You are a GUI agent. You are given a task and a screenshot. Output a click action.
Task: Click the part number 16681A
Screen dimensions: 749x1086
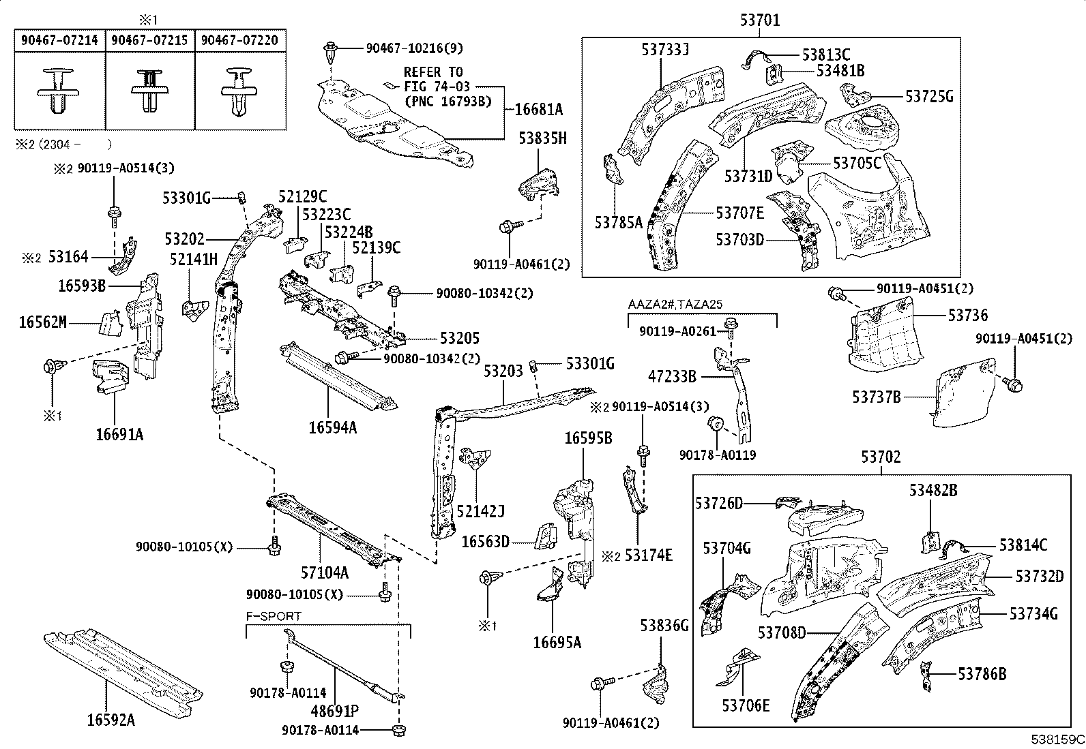(x=538, y=109)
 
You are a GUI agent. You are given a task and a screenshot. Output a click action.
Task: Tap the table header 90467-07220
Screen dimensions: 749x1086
(x=239, y=40)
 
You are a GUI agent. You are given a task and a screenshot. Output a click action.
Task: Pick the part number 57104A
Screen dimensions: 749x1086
(x=325, y=572)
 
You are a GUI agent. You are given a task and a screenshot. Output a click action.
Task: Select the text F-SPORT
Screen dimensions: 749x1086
(x=274, y=616)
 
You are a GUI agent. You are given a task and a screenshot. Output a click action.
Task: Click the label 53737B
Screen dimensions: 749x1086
(x=877, y=396)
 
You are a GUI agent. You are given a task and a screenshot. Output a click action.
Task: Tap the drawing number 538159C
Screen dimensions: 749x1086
(x=1057, y=739)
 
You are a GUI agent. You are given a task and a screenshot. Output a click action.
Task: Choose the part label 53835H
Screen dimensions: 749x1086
(x=542, y=138)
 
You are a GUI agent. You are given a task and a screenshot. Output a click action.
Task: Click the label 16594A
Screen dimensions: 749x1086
(x=332, y=427)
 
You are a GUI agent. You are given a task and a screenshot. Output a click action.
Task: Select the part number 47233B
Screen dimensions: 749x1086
(x=672, y=376)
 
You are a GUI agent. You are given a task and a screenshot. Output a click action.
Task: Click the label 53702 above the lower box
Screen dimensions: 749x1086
(x=881, y=457)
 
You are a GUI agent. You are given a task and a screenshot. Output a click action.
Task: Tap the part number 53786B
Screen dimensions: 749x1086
(x=982, y=674)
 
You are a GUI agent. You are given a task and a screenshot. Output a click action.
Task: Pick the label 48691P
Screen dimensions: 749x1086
(x=335, y=712)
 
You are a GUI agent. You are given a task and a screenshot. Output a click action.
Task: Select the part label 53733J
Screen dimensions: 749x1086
(x=665, y=49)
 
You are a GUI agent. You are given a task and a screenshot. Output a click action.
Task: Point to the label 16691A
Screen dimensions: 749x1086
(x=119, y=435)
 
